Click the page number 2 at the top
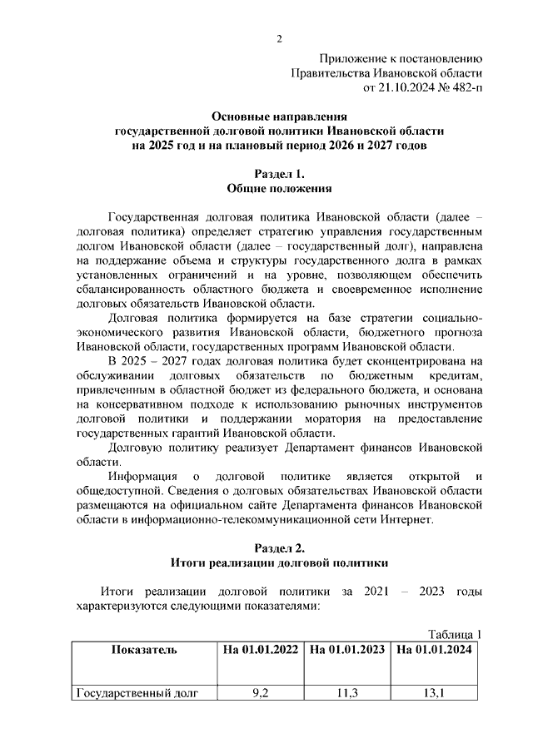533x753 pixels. [279, 39]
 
